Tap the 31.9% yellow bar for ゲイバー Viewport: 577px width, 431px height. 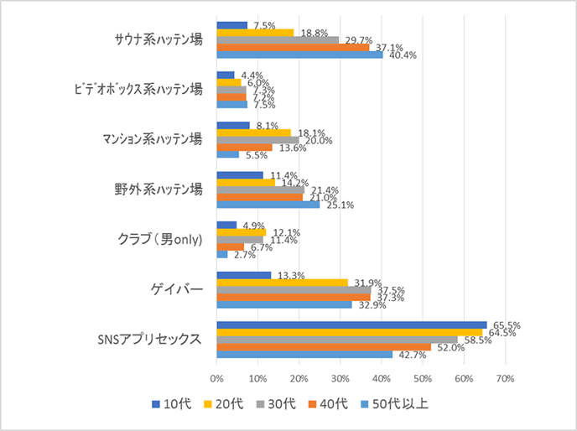282,282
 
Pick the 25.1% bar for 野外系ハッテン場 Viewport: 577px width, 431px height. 268,205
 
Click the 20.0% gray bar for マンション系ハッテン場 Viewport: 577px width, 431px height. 257,139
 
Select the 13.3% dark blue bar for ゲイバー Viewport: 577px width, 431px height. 243,274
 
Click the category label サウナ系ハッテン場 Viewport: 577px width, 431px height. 159,39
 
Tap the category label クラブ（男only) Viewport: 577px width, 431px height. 159,241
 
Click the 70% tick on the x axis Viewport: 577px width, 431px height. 505,379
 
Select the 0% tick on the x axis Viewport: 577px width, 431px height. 216,379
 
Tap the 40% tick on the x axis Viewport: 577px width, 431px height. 382,379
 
